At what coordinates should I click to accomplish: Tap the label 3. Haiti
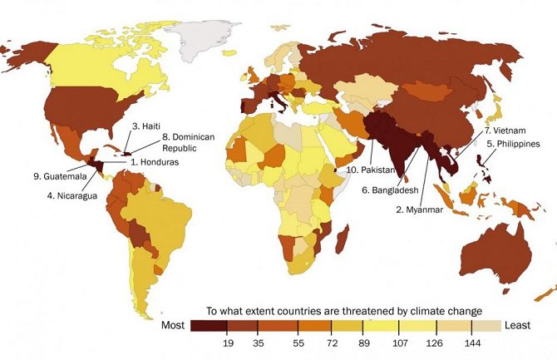pos(145,126)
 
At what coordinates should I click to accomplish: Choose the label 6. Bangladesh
pos(388,190)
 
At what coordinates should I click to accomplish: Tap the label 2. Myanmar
pos(422,210)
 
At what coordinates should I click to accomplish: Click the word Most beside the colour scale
pos(173,325)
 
